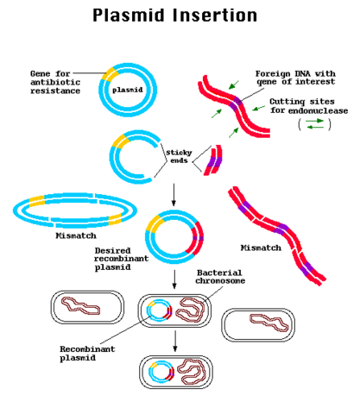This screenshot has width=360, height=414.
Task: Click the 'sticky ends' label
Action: pyautogui.click(x=178, y=157)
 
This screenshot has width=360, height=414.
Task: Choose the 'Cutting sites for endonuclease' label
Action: pyautogui.click(x=302, y=106)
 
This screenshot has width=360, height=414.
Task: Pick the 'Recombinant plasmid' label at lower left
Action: pyautogui.click(x=89, y=354)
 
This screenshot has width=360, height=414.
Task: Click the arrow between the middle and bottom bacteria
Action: pyautogui.click(x=175, y=342)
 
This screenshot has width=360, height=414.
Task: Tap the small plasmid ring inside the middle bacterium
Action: pyautogui.click(x=158, y=311)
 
